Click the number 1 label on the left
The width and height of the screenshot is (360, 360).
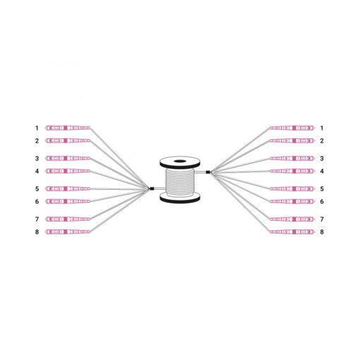37,128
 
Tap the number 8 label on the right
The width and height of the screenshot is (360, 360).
322,232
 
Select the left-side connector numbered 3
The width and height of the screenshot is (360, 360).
68,158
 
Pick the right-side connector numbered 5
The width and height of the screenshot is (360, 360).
292,188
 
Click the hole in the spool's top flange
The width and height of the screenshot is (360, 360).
180,162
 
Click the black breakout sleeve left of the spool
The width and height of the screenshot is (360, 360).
152,188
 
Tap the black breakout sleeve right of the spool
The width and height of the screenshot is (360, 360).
208,172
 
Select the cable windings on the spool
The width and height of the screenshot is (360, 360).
180,181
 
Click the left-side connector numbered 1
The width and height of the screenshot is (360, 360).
68,128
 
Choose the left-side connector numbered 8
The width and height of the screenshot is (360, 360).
68,232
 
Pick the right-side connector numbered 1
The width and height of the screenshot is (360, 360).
292,128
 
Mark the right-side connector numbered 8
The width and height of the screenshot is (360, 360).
292,232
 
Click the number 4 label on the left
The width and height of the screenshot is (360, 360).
37,171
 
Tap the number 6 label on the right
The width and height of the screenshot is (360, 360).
322,201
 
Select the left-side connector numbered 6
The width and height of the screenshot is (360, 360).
68,201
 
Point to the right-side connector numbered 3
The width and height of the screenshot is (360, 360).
292,158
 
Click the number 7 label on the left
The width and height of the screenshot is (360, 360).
37,219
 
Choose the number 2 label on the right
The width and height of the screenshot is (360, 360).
322,140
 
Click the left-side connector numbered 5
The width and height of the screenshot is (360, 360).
68,188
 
